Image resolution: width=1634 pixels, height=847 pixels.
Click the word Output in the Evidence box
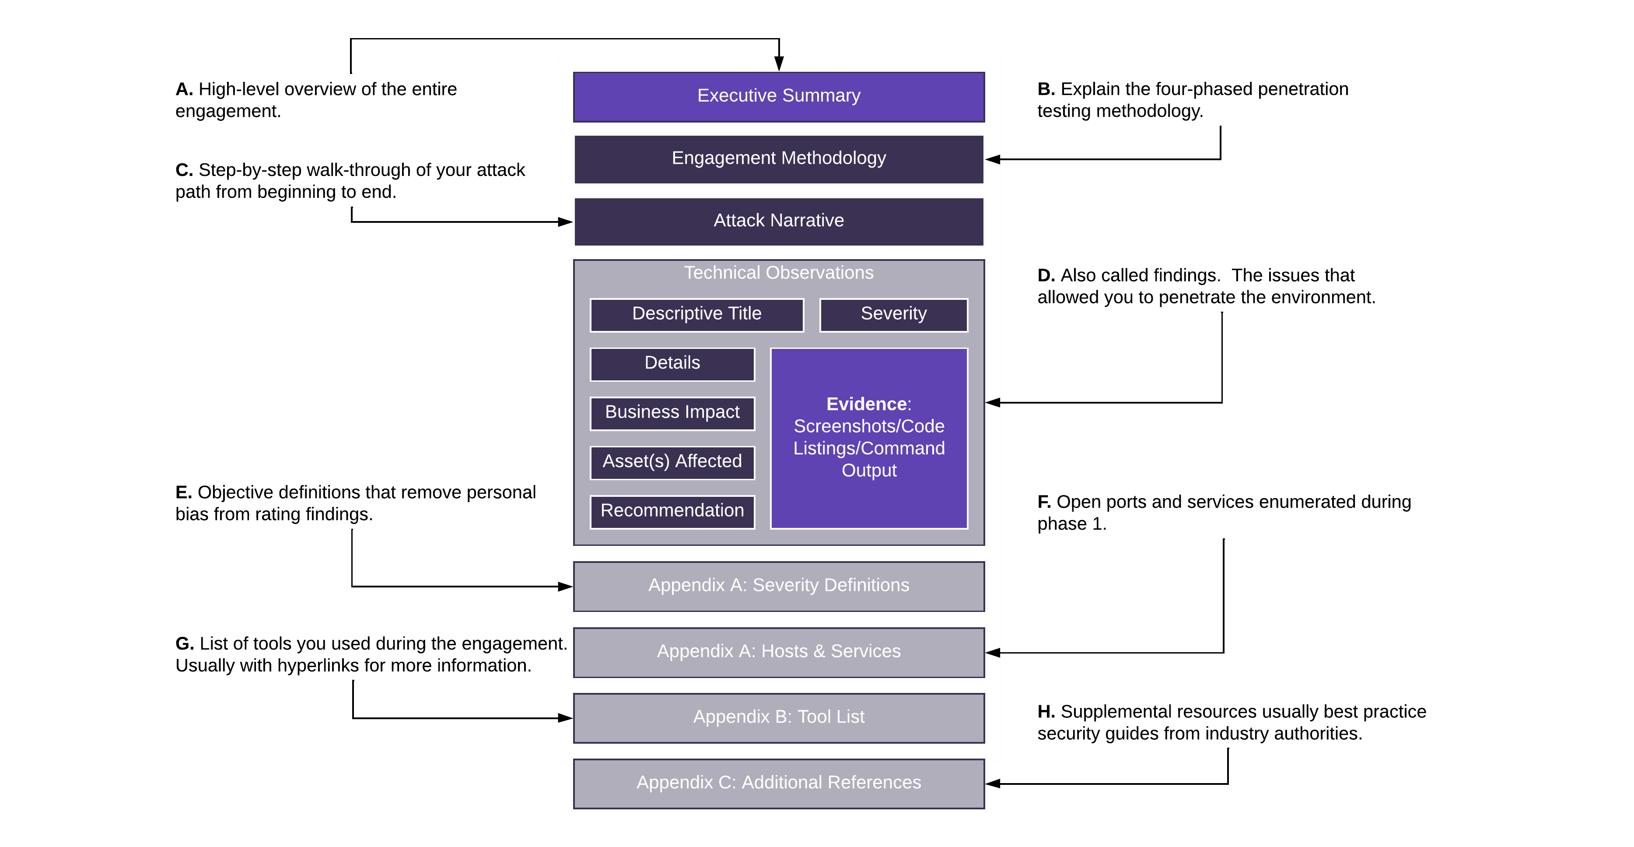click(869, 471)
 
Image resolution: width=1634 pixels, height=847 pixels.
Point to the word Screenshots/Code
click(869, 426)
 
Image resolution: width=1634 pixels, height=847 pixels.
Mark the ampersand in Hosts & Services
click(819, 652)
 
